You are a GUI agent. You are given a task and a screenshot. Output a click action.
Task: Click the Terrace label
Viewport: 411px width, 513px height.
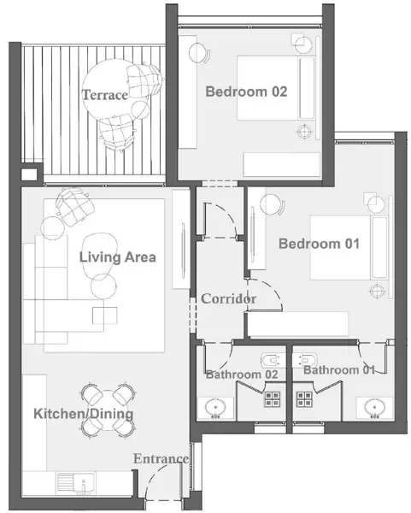pos(104,95)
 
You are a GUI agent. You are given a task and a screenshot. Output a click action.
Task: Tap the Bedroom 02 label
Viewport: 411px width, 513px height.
pos(246,91)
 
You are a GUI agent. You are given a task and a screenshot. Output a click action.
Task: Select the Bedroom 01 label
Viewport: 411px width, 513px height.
pos(319,244)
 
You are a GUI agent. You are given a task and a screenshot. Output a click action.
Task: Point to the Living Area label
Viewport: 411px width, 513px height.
pos(117,257)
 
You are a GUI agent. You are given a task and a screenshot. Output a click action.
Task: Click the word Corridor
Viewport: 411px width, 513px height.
pos(228,298)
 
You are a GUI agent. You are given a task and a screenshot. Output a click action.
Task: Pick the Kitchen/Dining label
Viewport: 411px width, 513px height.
pos(84,414)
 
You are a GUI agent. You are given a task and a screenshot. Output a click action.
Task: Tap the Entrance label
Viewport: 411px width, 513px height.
pos(161,458)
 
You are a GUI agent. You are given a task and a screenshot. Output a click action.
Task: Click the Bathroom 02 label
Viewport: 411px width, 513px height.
pos(242,374)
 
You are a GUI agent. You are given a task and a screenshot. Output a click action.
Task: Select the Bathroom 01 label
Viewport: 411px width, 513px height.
pos(338,370)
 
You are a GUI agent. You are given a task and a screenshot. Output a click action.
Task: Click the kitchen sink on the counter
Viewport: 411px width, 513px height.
pos(76,481)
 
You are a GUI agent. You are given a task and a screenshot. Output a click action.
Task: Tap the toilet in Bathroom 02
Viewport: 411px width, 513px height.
pos(273,360)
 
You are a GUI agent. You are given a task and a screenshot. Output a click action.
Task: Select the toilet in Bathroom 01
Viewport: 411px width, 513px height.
pos(305,360)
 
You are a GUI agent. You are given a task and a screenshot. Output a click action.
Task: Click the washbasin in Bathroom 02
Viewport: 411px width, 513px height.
pos(216,408)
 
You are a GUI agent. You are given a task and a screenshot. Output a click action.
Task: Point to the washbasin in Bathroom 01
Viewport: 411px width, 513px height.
pos(374,408)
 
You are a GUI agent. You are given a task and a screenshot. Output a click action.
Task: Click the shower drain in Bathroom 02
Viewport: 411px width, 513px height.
pos(272,399)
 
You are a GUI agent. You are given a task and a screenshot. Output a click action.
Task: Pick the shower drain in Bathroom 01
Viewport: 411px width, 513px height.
pos(304,399)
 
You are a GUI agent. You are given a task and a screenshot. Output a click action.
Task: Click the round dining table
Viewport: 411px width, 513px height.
pos(108,410)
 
